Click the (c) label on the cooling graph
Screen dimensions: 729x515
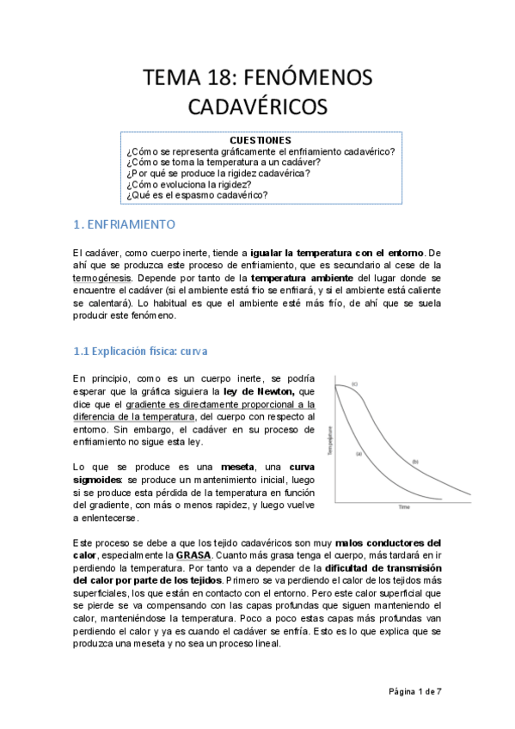[353, 383]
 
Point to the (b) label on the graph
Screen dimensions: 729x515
[414, 462]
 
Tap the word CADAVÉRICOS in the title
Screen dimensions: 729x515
[257, 107]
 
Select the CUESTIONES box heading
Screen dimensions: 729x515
[261, 140]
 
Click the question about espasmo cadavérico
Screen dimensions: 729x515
[197, 195]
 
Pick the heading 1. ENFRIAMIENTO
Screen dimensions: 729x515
[123, 225]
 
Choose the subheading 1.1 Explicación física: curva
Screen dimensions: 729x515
[139, 352]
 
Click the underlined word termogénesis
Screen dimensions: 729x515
[102, 279]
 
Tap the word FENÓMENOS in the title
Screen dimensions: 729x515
[303, 77]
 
